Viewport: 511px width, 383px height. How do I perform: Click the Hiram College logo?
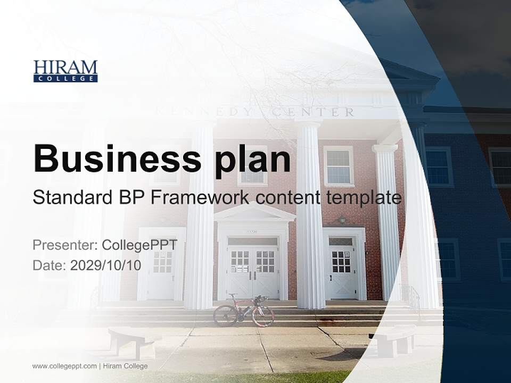tap(65, 71)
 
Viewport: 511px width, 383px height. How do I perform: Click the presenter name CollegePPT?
tap(139, 245)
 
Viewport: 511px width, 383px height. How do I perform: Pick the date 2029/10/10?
tap(105, 265)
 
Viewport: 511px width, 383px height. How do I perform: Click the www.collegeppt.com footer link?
tap(64, 366)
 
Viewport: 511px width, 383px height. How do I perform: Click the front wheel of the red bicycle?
tap(263, 316)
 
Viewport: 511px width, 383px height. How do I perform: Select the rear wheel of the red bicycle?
tap(225, 315)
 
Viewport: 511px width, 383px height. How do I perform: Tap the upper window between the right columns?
tap(339, 166)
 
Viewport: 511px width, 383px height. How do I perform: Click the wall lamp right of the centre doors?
tap(342, 219)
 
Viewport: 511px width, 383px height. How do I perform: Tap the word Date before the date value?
tap(48, 265)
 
